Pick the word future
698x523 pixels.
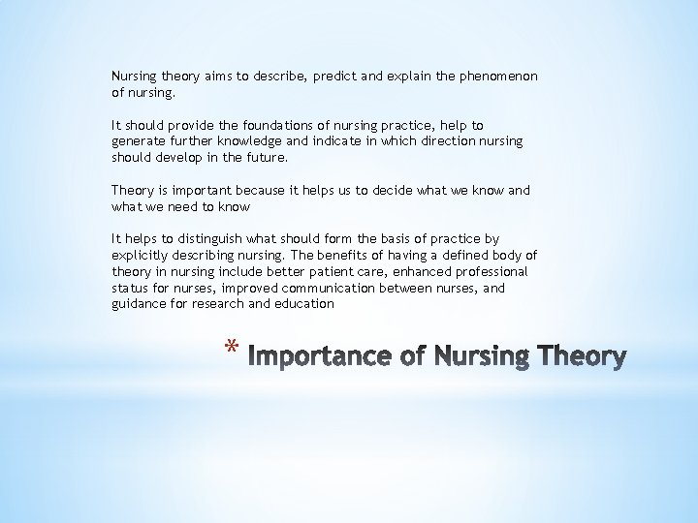[x=267, y=157]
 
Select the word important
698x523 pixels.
[x=203, y=191]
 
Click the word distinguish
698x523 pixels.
[x=199, y=238]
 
